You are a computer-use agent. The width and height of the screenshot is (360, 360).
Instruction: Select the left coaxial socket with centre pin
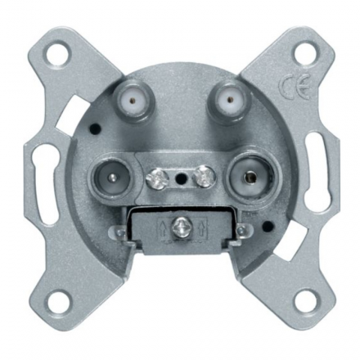pyautogui.click(x=112, y=177)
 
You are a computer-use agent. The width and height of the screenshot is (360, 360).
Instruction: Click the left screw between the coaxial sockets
pyautogui.click(x=154, y=178)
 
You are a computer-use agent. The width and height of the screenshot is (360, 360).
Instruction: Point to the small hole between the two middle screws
pyautogui.click(x=179, y=179)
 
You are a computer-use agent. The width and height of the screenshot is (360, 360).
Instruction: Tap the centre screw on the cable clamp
pyautogui.click(x=179, y=225)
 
